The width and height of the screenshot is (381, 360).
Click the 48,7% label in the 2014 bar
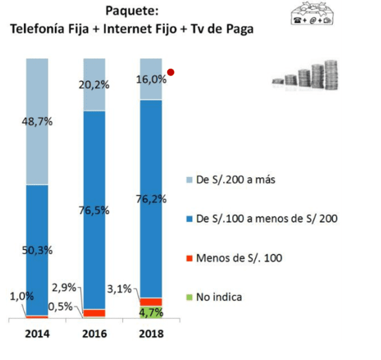[x=38, y=121]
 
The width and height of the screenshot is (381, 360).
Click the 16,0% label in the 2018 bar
[x=151, y=79]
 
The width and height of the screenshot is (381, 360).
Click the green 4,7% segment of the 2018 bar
[x=151, y=312]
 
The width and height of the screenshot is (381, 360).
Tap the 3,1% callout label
[x=120, y=290]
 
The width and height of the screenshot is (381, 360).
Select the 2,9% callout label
[x=64, y=288]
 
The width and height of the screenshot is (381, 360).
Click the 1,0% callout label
[x=13, y=296]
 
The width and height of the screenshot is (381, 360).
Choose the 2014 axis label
[x=37, y=334]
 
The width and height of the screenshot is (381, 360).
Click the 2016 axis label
[x=94, y=334]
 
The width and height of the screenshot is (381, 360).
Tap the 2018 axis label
[x=151, y=334]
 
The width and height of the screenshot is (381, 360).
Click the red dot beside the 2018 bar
[x=170, y=73]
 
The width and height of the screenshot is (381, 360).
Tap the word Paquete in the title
[x=134, y=11]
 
